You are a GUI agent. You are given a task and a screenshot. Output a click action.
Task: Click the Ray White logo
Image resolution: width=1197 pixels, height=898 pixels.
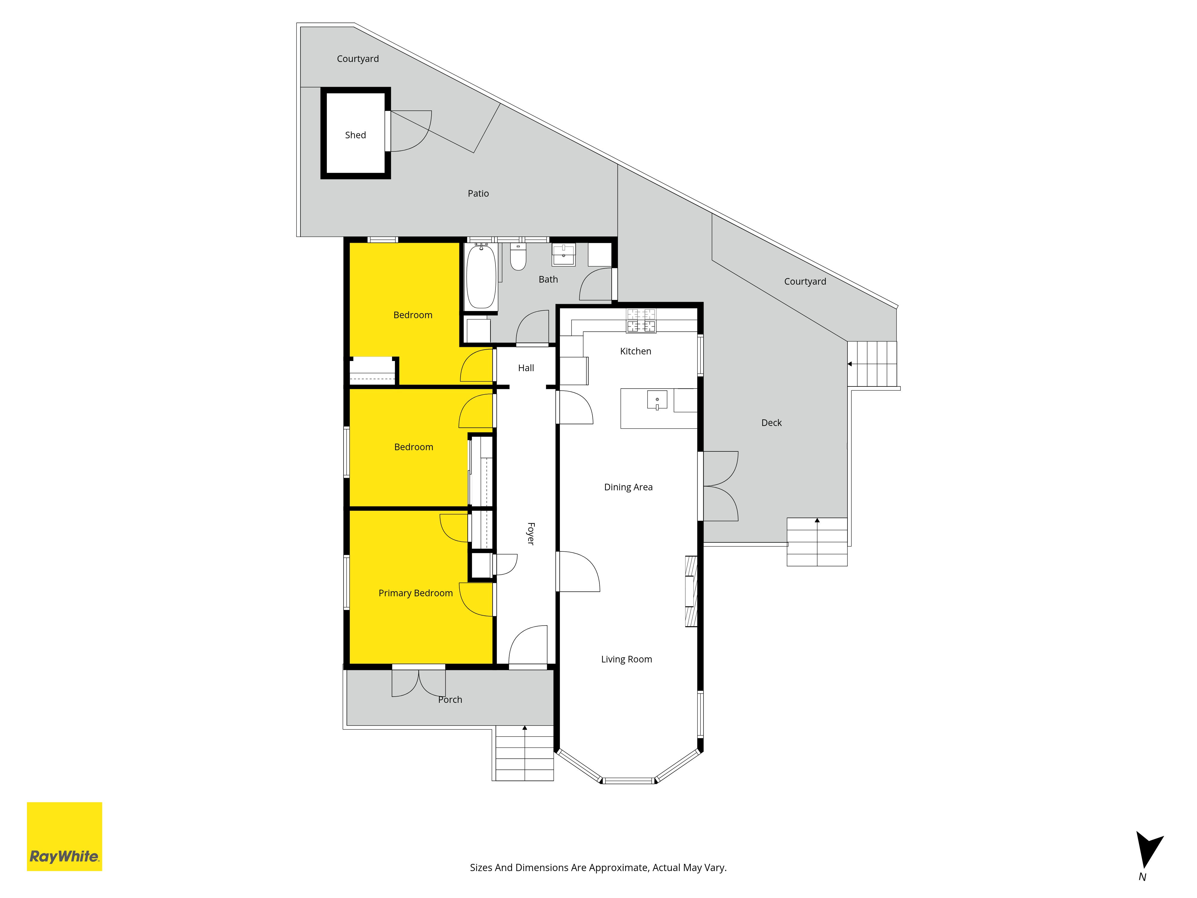point(64,836)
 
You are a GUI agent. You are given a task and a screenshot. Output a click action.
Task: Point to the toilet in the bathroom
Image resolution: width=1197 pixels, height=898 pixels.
point(518,257)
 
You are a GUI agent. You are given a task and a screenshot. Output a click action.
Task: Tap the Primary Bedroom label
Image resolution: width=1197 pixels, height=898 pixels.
point(416,593)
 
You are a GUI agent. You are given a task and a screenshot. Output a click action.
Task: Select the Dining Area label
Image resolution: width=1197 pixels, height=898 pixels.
point(628,487)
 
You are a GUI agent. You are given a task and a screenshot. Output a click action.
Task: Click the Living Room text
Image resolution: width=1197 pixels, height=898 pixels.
point(627,659)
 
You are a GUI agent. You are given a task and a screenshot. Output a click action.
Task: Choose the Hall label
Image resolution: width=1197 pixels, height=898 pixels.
point(526,368)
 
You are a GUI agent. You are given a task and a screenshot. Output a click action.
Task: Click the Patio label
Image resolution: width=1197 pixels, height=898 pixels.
point(479,194)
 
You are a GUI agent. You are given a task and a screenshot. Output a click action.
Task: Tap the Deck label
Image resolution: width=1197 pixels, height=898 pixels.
point(772,423)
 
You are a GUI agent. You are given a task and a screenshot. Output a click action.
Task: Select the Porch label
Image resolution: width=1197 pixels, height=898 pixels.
point(450,700)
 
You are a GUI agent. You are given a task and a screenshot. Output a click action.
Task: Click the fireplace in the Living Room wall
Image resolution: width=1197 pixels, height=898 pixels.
point(691,591)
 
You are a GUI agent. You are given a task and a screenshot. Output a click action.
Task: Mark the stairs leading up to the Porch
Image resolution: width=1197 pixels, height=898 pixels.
point(524,753)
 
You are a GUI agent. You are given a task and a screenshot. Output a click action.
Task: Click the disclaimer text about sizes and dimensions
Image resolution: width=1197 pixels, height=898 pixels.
point(598,868)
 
